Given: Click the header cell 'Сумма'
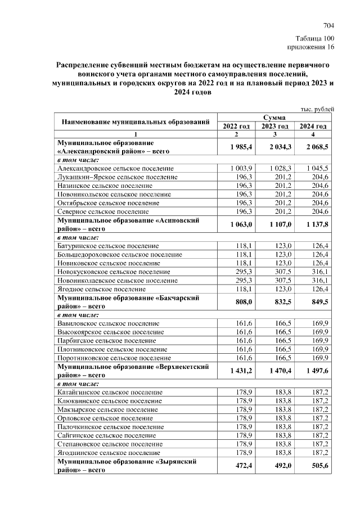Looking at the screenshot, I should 274,118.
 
